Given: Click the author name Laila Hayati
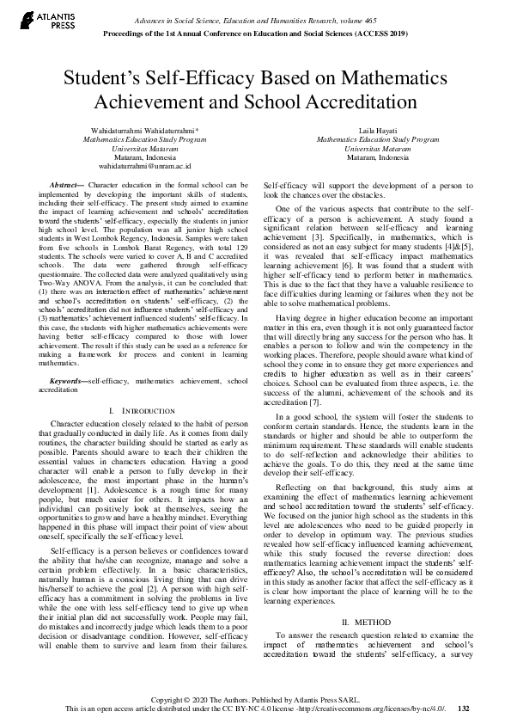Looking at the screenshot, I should pos(377,130).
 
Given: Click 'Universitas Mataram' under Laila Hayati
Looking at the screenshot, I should pos(377,148).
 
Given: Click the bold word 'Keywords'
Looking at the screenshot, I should pos(66,380).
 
